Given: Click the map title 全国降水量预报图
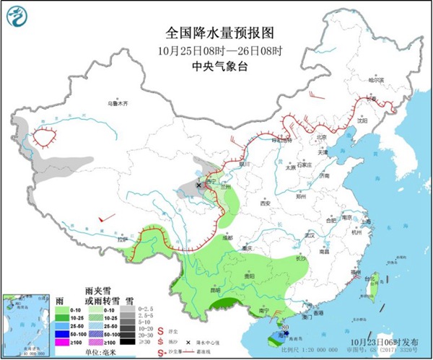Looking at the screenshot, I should tap(215, 33).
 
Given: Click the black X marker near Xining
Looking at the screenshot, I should tap(198, 185).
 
